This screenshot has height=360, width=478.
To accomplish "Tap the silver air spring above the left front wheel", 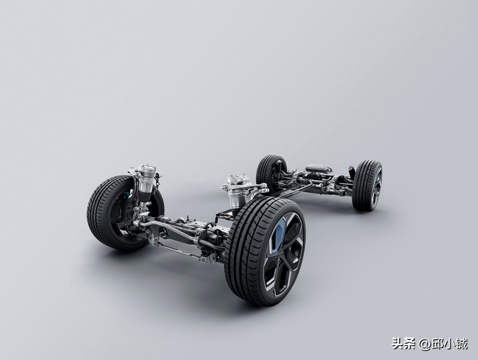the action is [x=146, y=180].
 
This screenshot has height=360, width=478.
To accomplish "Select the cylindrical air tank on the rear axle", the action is [x=318, y=169].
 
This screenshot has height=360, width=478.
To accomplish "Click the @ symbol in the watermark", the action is [x=424, y=344].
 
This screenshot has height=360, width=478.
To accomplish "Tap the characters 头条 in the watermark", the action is [x=403, y=344].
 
